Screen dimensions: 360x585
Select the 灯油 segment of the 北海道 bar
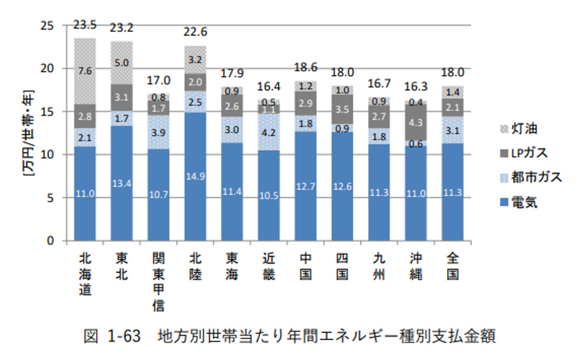click(x=85, y=71)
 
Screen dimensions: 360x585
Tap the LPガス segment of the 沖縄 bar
click(x=416, y=122)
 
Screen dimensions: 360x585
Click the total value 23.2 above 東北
click(x=121, y=30)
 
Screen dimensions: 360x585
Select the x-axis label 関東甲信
click(x=158, y=281)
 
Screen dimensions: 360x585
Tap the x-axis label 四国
click(x=342, y=266)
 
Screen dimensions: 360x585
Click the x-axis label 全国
click(x=452, y=266)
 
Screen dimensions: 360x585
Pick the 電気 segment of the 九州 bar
click(x=379, y=192)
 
